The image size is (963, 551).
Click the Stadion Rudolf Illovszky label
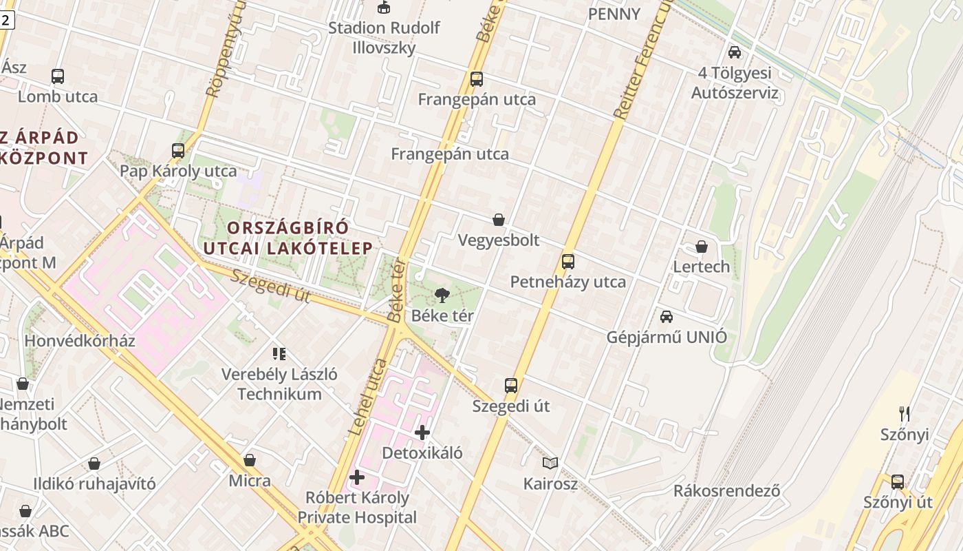click(383, 38)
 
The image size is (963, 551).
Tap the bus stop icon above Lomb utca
click(58, 76)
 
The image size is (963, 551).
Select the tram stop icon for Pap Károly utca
click(178, 150)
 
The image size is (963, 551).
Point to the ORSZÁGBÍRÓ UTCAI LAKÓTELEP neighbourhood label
click(288, 238)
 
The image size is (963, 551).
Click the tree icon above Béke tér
click(442, 295)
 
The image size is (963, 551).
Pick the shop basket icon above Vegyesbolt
click(499, 220)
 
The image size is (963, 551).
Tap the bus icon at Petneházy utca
click(567, 262)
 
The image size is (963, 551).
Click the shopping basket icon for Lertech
click(702, 247)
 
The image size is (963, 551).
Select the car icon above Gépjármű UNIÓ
click(666, 317)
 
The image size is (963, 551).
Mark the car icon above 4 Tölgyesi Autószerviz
click(735, 52)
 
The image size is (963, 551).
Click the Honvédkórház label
click(80, 341)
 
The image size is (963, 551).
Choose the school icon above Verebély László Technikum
click(279, 354)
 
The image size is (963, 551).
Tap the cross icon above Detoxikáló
click(422, 433)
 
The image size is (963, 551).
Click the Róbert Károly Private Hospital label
click(357, 507)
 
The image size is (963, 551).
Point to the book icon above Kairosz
click(550, 463)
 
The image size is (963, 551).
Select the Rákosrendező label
click(726, 491)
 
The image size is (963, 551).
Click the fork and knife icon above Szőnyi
click(905, 413)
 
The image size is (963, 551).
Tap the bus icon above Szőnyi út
click(898, 481)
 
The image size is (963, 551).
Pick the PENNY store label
click(614, 14)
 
